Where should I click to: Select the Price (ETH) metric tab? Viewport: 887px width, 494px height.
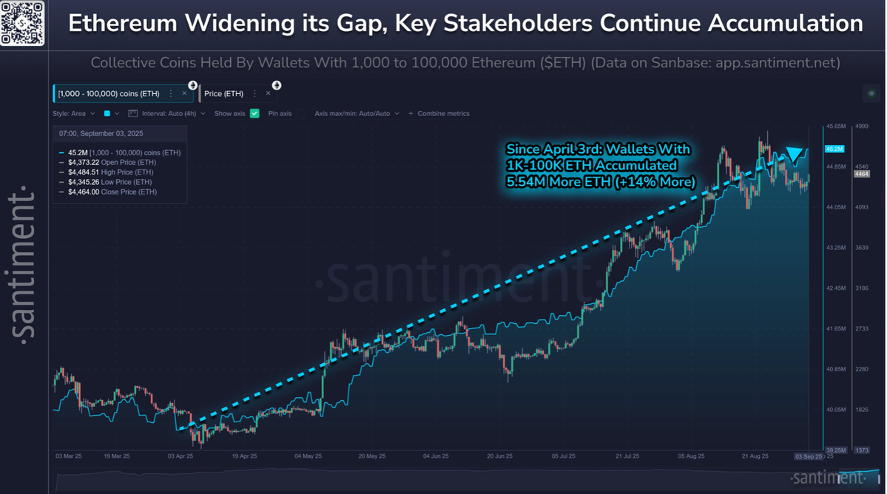(x=223, y=94)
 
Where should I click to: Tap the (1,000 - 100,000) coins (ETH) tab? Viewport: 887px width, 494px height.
(x=109, y=94)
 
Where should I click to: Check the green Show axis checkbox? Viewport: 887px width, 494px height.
(x=254, y=114)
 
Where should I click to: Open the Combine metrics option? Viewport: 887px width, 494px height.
(x=443, y=114)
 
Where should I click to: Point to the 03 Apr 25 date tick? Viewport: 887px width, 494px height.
(x=181, y=457)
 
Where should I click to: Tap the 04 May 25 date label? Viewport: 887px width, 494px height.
(x=308, y=457)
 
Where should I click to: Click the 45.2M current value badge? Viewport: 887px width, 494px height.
(x=834, y=149)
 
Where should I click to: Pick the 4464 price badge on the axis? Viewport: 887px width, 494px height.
(x=861, y=175)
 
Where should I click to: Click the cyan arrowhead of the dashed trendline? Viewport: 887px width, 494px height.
(x=794, y=155)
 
